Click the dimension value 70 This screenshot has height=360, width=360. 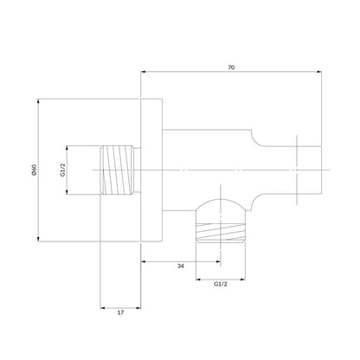point(231,67)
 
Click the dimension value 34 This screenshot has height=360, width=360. point(181,266)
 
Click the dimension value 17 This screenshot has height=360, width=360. point(120,312)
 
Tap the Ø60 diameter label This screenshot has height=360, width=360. point(34,170)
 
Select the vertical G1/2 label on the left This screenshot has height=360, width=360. point(62,170)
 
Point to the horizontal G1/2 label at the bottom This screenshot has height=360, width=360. point(221,284)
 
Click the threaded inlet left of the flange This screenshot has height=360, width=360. point(118,170)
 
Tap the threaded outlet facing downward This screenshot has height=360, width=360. point(221,232)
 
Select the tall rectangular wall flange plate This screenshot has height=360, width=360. point(151,170)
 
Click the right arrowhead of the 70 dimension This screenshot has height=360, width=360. point(319,72)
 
